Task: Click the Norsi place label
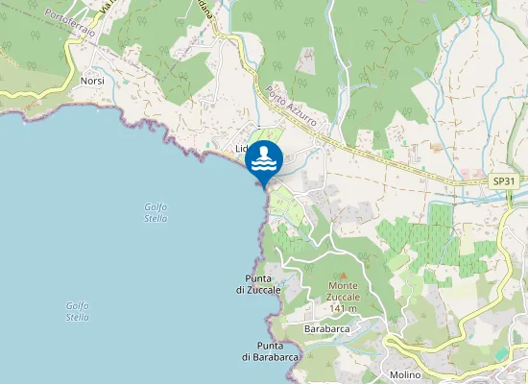pos(92,81)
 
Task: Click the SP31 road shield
pos(504,180)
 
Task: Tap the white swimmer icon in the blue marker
pos(264,158)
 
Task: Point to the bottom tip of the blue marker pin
pos(264,186)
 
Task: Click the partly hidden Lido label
pos(243,149)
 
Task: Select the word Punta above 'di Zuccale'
pos(259,278)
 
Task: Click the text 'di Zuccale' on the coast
pos(258,289)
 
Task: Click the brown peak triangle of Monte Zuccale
pos(344,276)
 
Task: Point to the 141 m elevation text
pos(344,308)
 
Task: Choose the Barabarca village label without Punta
pos(325,328)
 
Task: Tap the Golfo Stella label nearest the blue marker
pos(156,212)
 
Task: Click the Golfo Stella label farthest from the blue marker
pos(78,311)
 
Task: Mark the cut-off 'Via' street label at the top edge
pos(107,8)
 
